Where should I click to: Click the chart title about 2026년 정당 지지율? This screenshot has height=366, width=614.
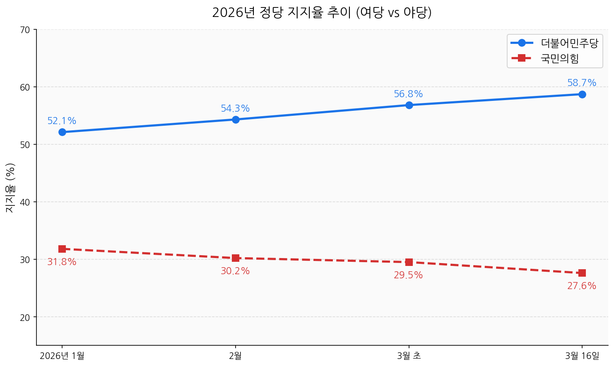(322, 13)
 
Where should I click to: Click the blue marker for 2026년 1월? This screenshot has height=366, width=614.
(62, 132)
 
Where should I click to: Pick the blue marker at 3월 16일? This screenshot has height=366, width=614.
(582, 94)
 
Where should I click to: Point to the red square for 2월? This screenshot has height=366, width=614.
(236, 258)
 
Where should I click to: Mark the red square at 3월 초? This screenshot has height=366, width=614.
(409, 262)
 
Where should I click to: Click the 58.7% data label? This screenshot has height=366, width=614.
(582, 83)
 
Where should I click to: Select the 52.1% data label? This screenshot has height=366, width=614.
(62, 121)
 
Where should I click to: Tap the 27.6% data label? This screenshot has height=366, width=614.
(582, 286)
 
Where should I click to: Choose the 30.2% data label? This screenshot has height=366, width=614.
(235, 271)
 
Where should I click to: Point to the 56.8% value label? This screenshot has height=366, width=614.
(408, 94)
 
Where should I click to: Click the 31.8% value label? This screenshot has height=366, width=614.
(62, 262)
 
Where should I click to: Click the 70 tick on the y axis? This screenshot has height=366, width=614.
(26, 30)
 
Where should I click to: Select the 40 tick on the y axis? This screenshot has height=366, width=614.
(26, 202)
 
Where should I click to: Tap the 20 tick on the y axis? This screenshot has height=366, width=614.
(26, 317)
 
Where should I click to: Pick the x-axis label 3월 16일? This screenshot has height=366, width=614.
(582, 356)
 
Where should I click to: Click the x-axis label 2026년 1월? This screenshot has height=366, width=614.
(62, 356)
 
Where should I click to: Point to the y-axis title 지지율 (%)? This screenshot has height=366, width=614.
(10, 187)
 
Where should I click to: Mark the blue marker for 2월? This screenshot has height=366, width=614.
(236, 120)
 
